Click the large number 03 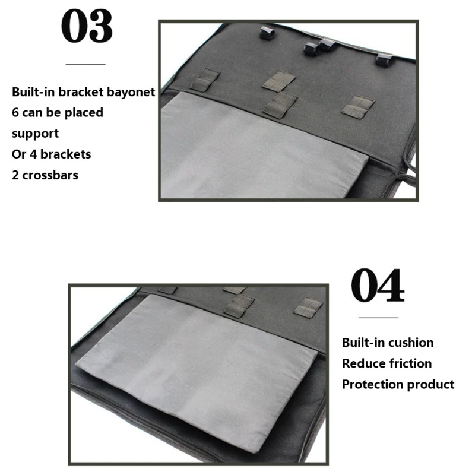click(87, 27)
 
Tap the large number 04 click(378, 287)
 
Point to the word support click(35, 133)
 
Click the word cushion click(413, 342)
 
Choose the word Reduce click(363, 363)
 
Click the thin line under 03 click(85, 64)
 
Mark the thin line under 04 click(378, 318)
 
